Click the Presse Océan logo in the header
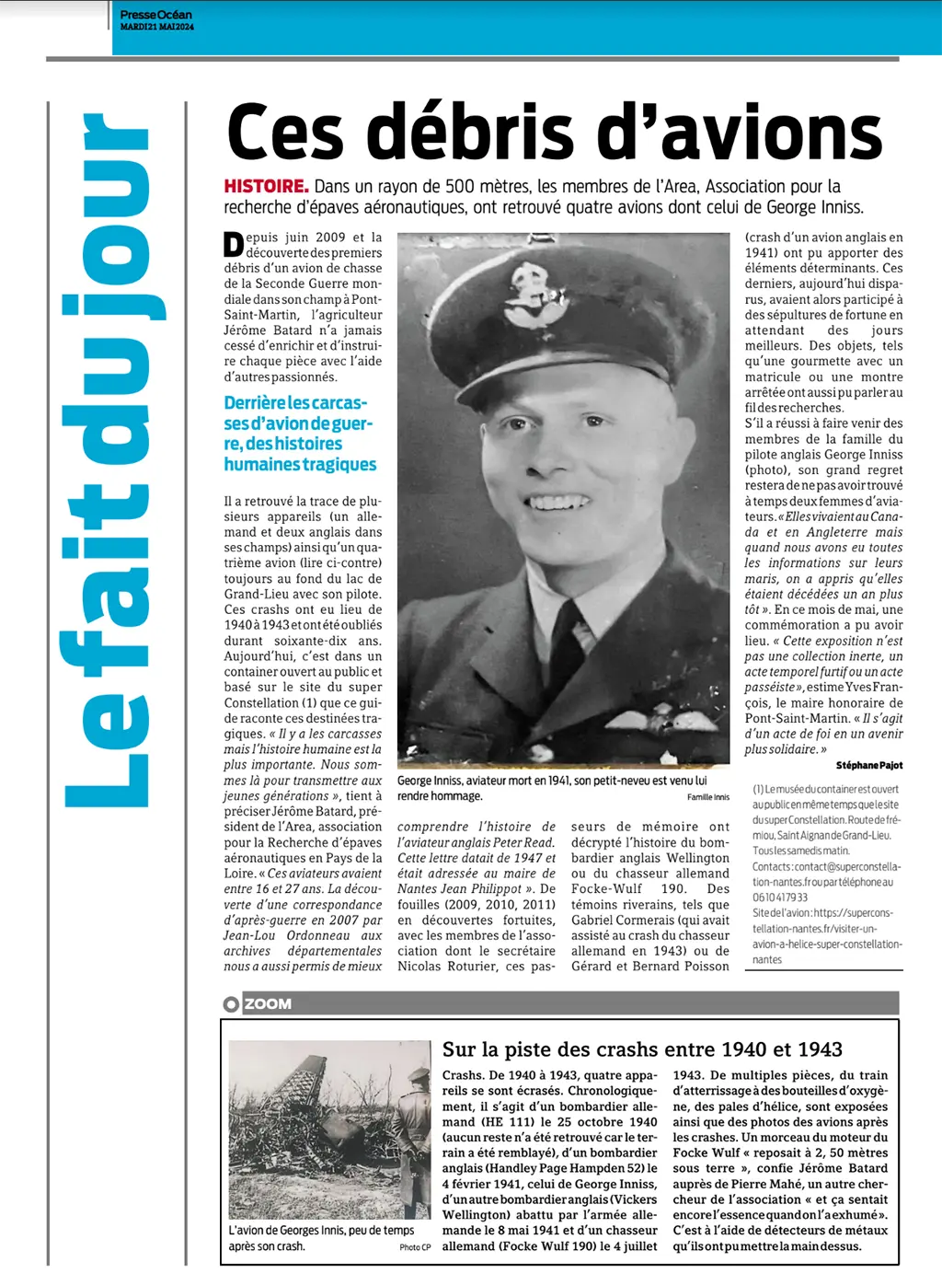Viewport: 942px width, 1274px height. pyautogui.click(x=155, y=14)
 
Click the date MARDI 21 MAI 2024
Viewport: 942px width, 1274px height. pyautogui.click(x=157, y=27)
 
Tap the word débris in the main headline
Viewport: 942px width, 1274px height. pyautogui.click(x=478, y=133)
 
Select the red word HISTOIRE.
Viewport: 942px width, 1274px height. pyautogui.click(x=266, y=187)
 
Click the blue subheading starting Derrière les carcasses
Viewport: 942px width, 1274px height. pyautogui.click(x=300, y=434)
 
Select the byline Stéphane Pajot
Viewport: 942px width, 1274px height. pyautogui.click(x=868, y=765)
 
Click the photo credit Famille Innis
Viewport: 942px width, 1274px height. pyautogui.click(x=707, y=797)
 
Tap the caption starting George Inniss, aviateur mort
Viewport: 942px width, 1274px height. pyautogui.click(x=552, y=788)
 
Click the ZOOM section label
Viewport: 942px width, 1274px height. pyautogui.click(x=268, y=1003)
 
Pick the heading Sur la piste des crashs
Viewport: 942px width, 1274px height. pyautogui.click(x=642, y=1049)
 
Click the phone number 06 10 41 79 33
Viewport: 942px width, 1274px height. pyautogui.click(x=780, y=898)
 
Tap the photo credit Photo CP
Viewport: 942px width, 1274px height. pyautogui.click(x=415, y=1247)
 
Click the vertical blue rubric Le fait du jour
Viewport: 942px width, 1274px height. pyautogui.click(x=106, y=460)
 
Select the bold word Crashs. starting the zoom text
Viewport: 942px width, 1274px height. pyautogui.click(x=463, y=1075)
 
